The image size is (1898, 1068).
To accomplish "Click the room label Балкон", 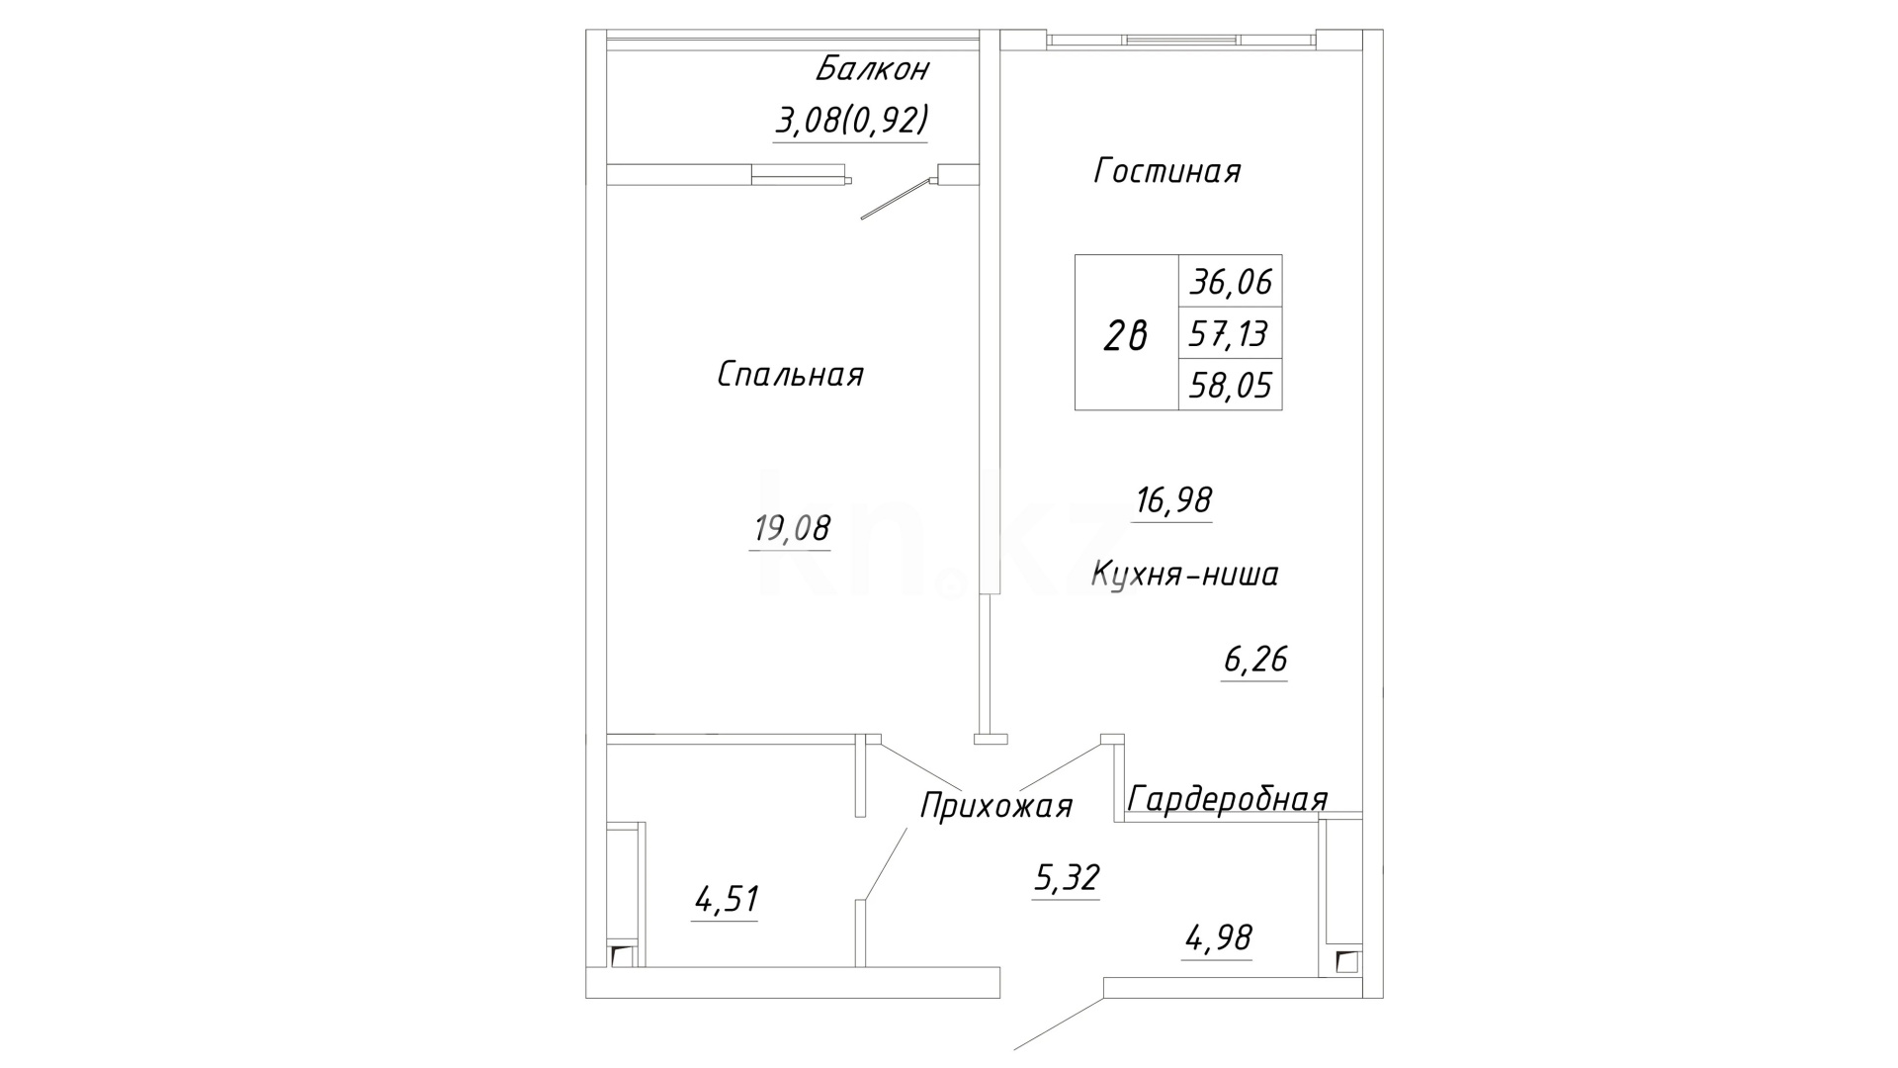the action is click(x=872, y=70).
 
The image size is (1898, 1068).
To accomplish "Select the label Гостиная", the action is click(x=1166, y=172).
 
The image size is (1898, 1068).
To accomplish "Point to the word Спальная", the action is click(x=790, y=375).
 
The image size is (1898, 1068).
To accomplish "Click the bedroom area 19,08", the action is click(x=792, y=529).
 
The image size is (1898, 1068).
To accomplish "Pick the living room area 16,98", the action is click(x=1173, y=501).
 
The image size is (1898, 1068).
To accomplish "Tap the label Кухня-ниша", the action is click(x=1184, y=575).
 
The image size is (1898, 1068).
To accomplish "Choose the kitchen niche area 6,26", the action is click(x=1255, y=660).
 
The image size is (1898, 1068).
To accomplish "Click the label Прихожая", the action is click(x=995, y=807).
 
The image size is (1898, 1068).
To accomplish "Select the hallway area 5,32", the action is click(x=1067, y=878).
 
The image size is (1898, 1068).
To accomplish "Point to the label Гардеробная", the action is click(x=1227, y=799).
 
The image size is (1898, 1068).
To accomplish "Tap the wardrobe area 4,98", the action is click(x=1219, y=937).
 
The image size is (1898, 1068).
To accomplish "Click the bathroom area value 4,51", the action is click(x=726, y=901).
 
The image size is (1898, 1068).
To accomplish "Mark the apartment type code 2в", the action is click(x=1126, y=337).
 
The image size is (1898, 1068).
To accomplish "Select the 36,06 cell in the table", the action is click(x=1231, y=284).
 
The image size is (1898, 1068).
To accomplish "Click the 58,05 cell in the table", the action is click(x=1231, y=385).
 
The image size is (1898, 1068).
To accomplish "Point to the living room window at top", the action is click(x=1181, y=41).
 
